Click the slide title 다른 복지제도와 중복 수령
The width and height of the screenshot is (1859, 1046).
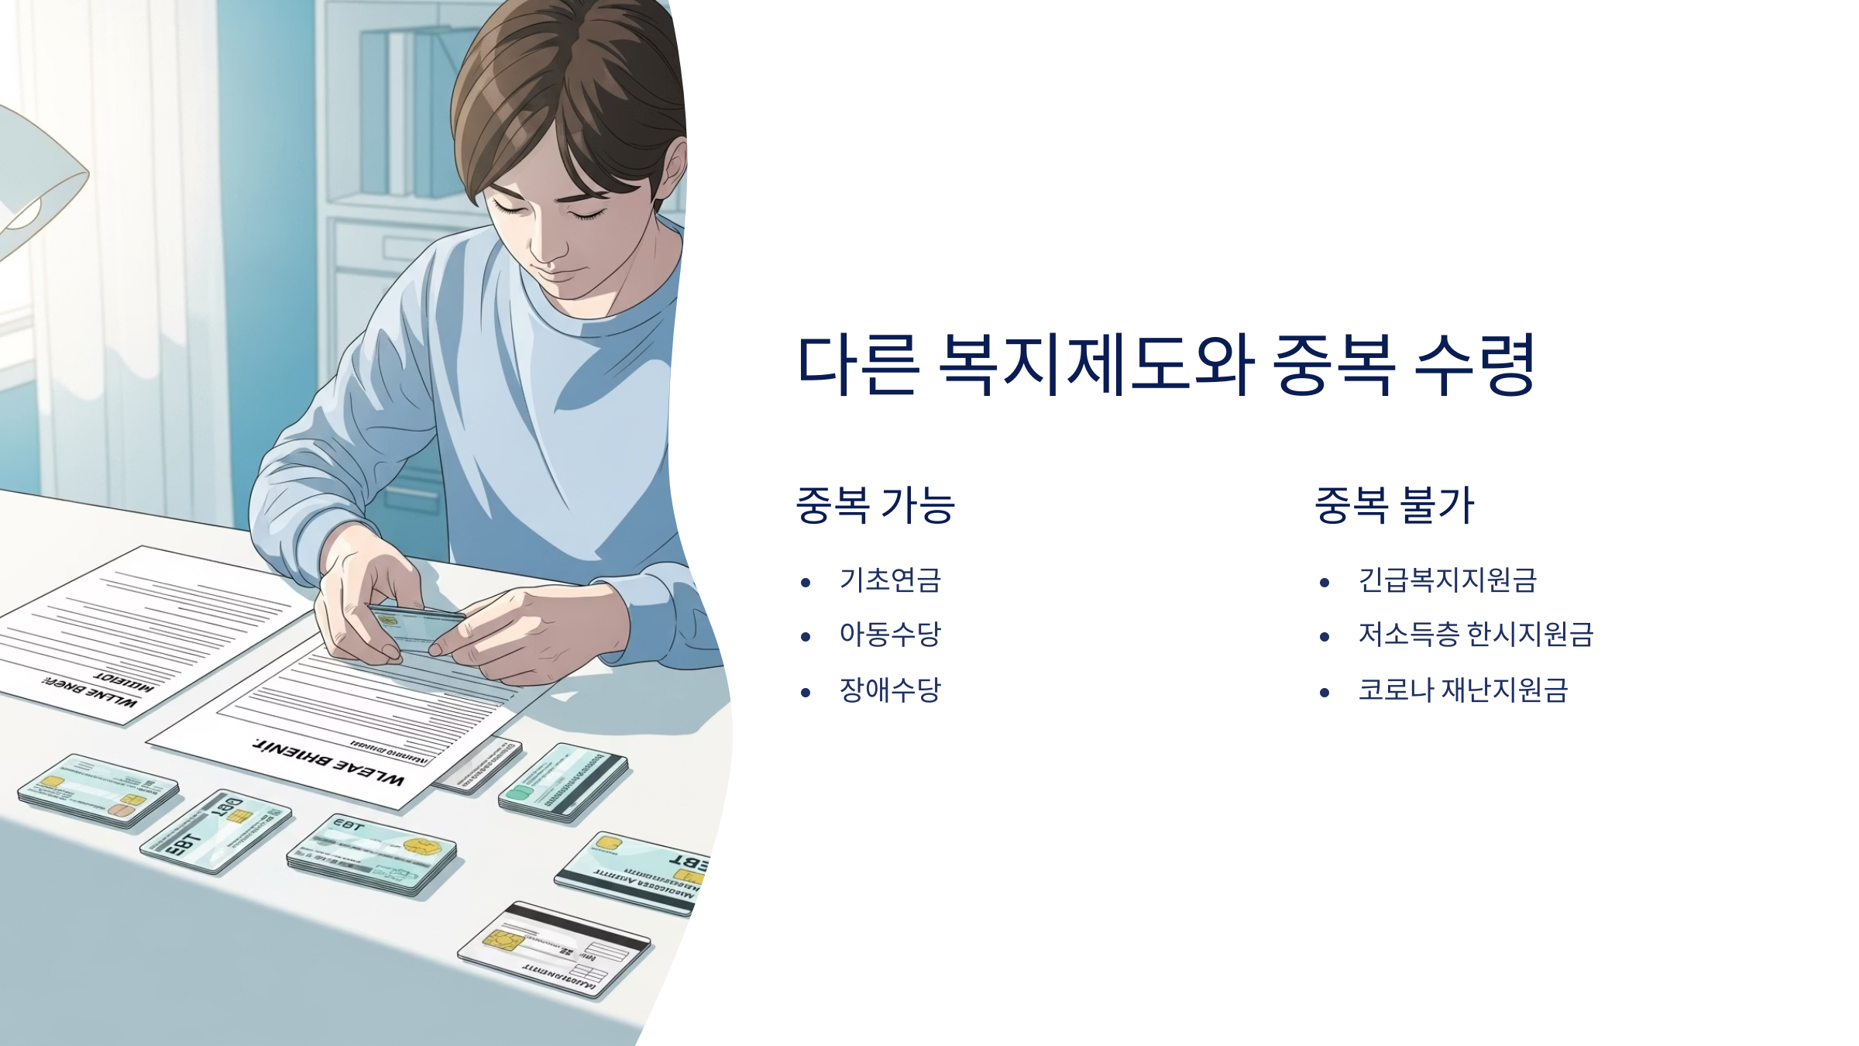pyautogui.click(x=1166, y=364)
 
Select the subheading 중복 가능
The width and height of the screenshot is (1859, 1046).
pyautogui.click(x=875, y=505)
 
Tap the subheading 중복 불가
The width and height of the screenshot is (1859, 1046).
pyautogui.click(x=1394, y=505)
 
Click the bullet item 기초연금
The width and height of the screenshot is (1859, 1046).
pyautogui.click(x=890, y=580)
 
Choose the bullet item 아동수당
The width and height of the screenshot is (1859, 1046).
pyautogui.click(x=890, y=635)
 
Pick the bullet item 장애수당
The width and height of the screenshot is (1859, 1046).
pyautogui.click(x=890, y=690)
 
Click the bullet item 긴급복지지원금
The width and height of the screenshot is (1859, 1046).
pyautogui.click(x=1447, y=580)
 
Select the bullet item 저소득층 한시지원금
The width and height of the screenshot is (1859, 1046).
pyautogui.click(x=1476, y=635)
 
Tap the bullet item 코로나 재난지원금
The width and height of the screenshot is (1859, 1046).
pyautogui.click(x=1462, y=690)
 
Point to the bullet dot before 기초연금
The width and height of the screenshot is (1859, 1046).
pyautogui.click(x=806, y=583)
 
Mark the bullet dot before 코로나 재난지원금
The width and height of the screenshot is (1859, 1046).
pyautogui.click(x=1325, y=692)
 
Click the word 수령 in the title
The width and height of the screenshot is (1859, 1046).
pyautogui.click(x=1475, y=364)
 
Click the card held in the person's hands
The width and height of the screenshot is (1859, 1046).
pyautogui.click(x=418, y=624)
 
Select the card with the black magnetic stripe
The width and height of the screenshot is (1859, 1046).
pyautogui.click(x=554, y=949)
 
